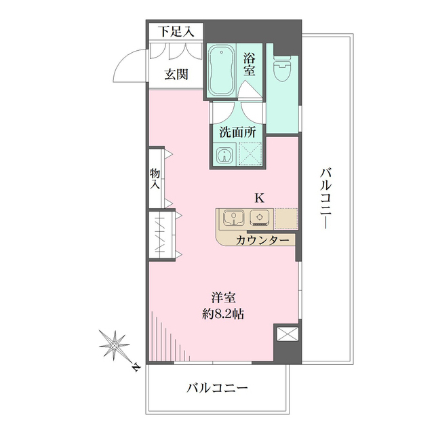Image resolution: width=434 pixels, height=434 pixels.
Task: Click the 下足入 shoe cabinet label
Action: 176,31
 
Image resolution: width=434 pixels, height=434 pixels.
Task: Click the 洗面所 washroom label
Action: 237,132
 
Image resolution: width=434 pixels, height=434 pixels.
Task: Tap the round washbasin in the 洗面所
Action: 223,156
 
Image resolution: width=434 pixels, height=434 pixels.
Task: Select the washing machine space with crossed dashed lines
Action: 250,155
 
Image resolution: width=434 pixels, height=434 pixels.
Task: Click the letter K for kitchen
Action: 259,198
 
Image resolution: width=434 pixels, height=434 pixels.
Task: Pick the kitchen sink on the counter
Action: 234,218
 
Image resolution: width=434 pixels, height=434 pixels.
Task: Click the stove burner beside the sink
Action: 260,218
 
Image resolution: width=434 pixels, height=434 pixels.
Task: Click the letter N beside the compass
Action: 135,369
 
